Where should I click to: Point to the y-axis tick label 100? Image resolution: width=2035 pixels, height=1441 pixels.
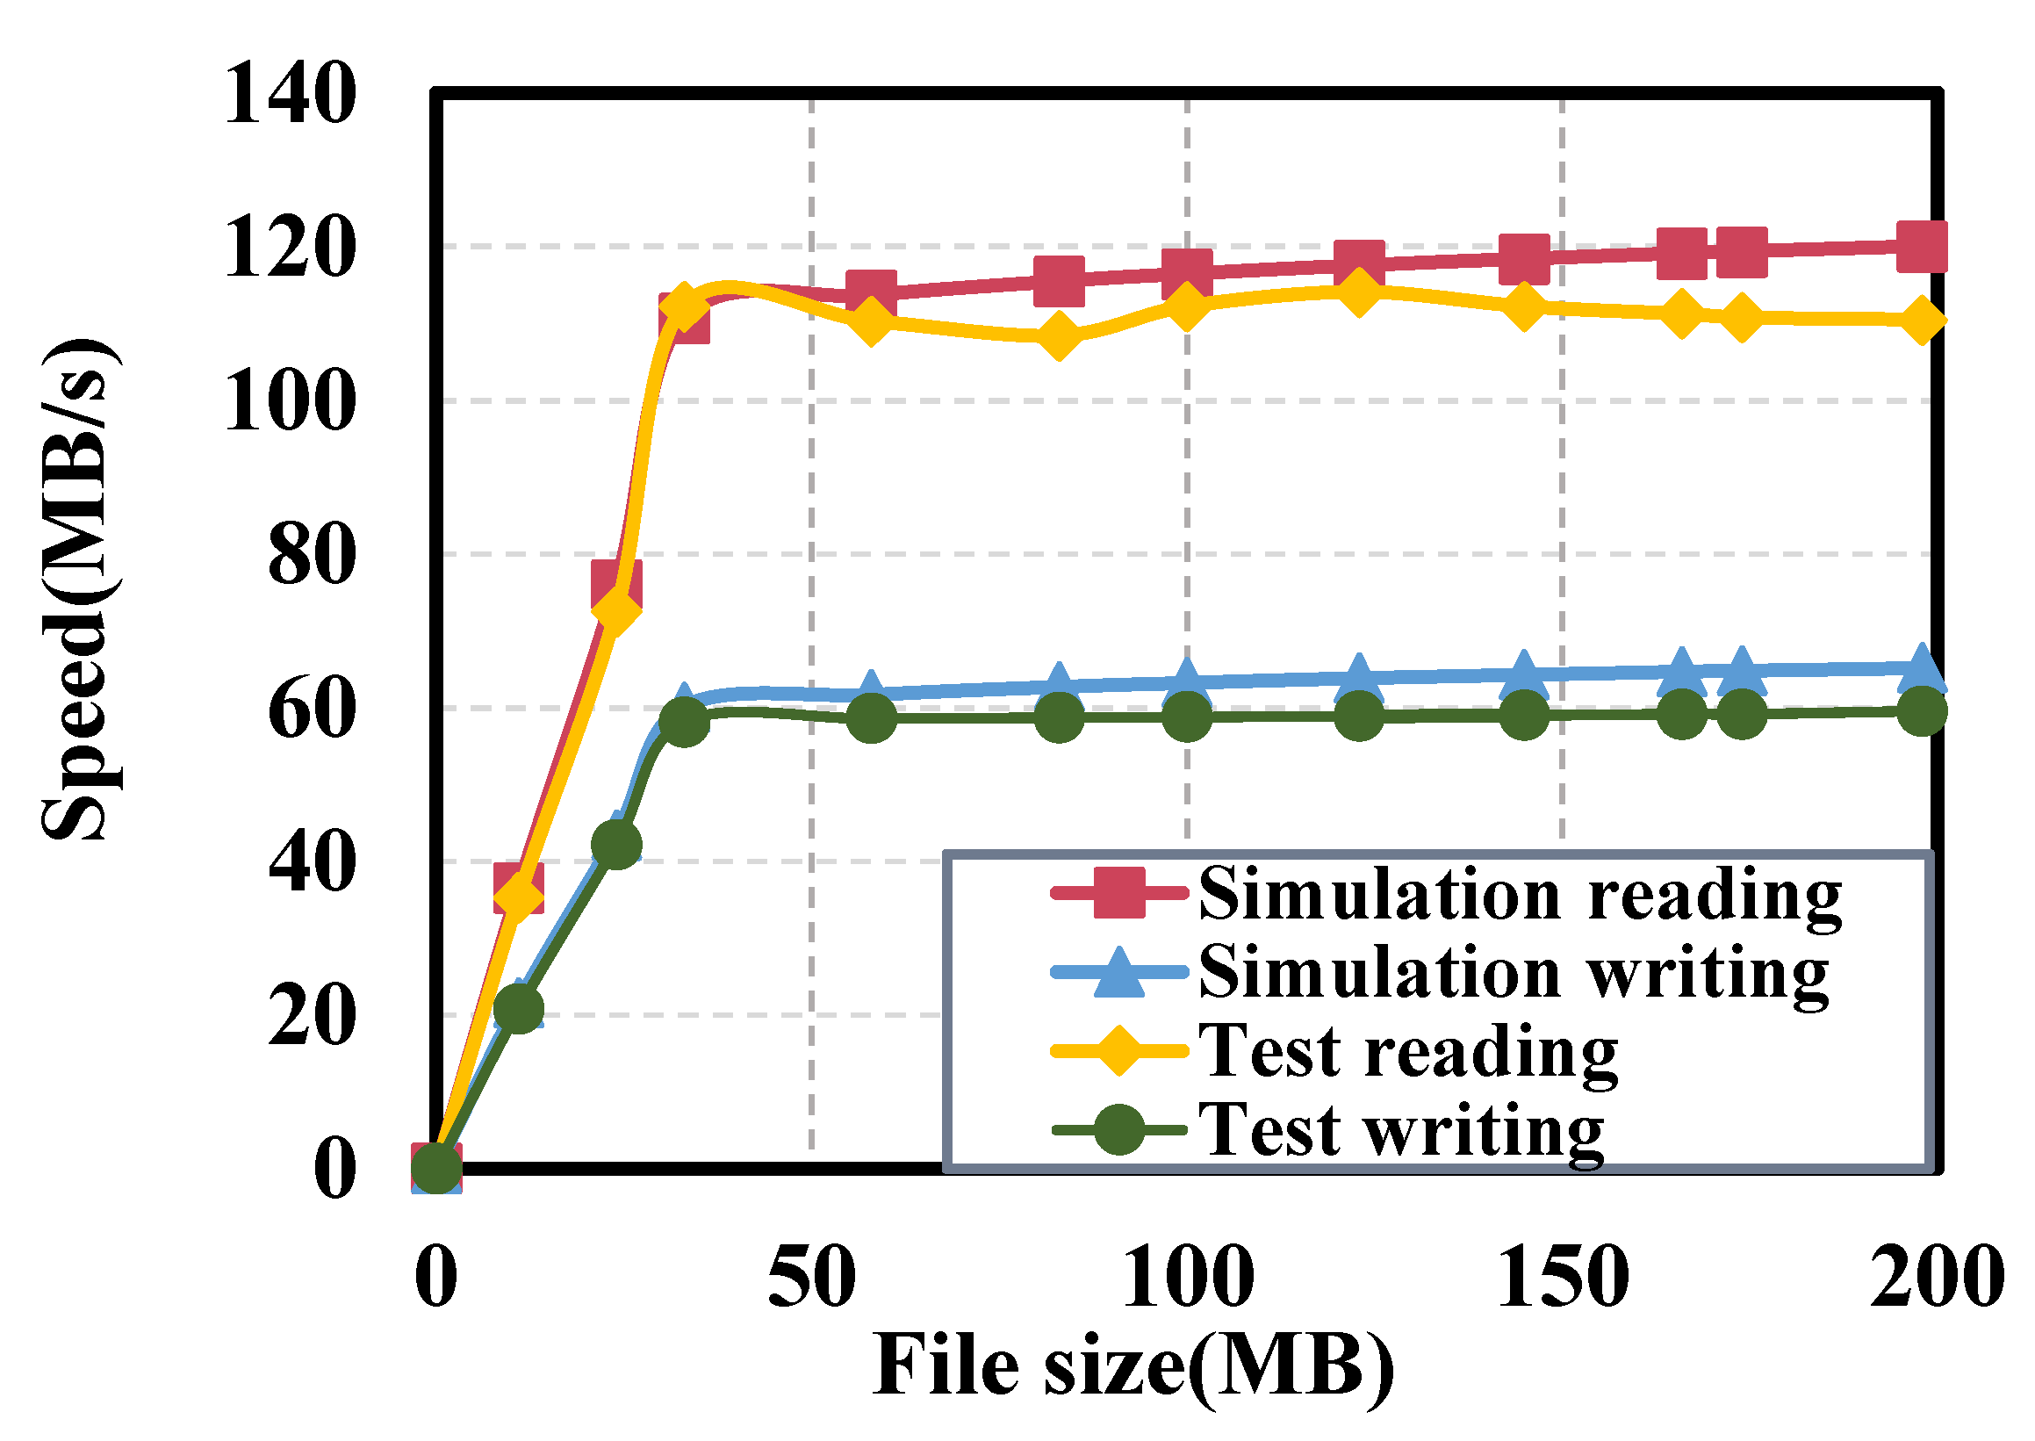pyautogui.click(x=290, y=402)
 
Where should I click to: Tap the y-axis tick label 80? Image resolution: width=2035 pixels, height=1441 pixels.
pyautogui.click(x=312, y=556)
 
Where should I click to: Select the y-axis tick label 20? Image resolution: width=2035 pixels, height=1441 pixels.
pyautogui.click(x=312, y=1016)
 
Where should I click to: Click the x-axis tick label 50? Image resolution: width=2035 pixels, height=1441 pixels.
pyautogui.click(x=812, y=1278)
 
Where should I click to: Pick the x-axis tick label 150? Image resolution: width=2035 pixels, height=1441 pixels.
pyautogui.click(x=1563, y=1278)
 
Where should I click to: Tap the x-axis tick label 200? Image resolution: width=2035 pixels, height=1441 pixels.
pyautogui.click(x=1938, y=1278)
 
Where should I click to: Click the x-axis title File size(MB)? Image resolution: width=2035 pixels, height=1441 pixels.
pyautogui.click(x=1133, y=1367)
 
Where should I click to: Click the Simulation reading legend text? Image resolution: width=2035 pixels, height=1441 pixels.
pyautogui.click(x=1521, y=895)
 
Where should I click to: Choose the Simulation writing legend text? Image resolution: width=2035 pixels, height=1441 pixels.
pyautogui.click(x=1514, y=972)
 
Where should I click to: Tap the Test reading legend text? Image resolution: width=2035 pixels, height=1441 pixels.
pyautogui.click(x=1409, y=1051)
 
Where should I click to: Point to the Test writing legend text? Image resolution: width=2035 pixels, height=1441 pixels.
pyautogui.click(x=1402, y=1130)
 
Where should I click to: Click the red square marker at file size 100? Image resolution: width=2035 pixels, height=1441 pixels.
pyautogui.click(x=1187, y=270)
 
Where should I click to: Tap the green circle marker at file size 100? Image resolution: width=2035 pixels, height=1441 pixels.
pyautogui.click(x=1187, y=716)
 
